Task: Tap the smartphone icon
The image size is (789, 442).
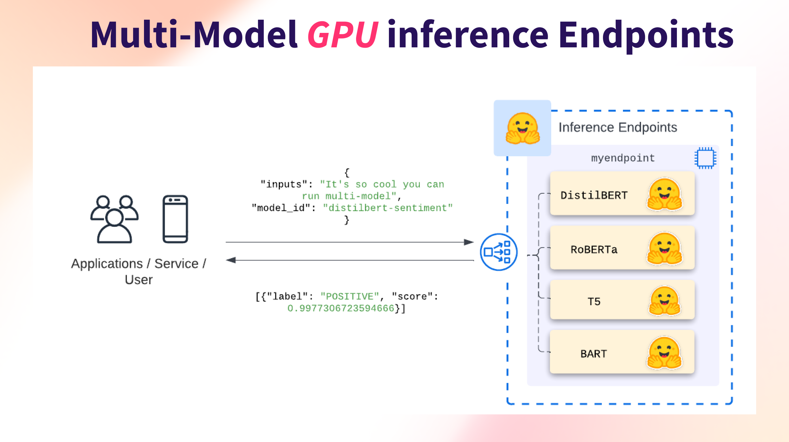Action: (175, 219)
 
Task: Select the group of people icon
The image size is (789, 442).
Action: (114, 219)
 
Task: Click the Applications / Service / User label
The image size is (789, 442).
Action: (138, 271)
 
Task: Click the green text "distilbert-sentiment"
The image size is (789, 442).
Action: (388, 208)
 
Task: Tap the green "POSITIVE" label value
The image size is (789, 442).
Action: (350, 296)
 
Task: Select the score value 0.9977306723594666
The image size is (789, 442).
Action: (341, 308)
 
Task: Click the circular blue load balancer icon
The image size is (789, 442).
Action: (498, 252)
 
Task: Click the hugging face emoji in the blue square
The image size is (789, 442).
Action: (522, 129)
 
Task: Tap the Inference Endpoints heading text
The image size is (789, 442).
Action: (618, 127)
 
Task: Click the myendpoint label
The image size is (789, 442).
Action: (623, 158)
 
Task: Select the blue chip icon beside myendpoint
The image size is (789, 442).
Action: (705, 158)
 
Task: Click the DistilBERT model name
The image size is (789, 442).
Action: (594, 195)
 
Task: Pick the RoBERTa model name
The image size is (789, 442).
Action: (594, 250)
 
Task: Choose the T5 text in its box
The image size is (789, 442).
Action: (594, 301)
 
